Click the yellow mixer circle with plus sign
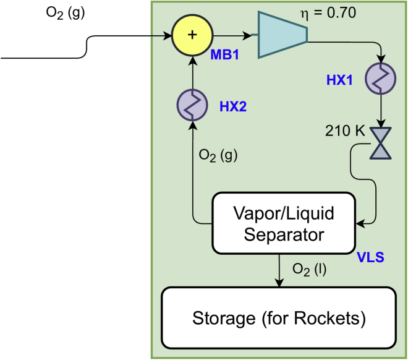click(192, 35)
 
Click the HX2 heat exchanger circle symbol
click(193, 103)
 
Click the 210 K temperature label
click(344, 132)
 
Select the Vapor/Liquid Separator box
click(284, 223)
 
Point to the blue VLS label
click(371, 257)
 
